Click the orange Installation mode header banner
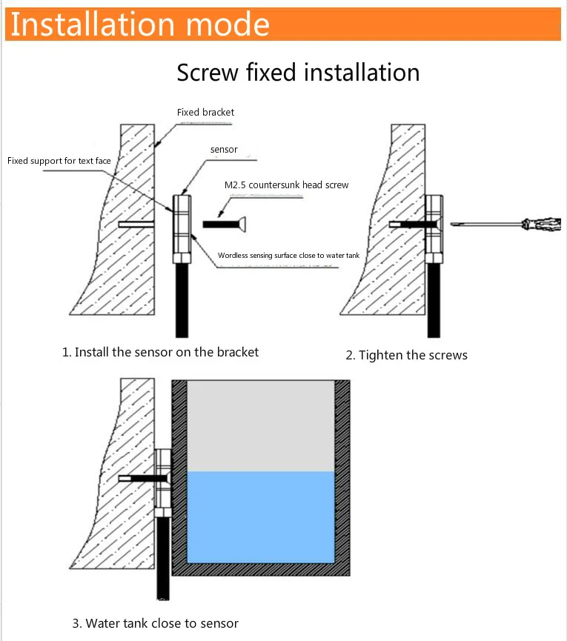click(283, 24)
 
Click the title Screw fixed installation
click(298, 73)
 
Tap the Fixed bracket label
click(205, 113)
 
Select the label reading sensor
click(224, 150)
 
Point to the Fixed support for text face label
click(59, 161)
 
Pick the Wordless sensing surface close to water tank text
click(289, 256)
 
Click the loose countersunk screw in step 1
click(226, 222)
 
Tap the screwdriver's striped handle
click(541, 224)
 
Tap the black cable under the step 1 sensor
click(182, 300)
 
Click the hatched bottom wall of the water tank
click(260, 569)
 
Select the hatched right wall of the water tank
click(342, 474)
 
